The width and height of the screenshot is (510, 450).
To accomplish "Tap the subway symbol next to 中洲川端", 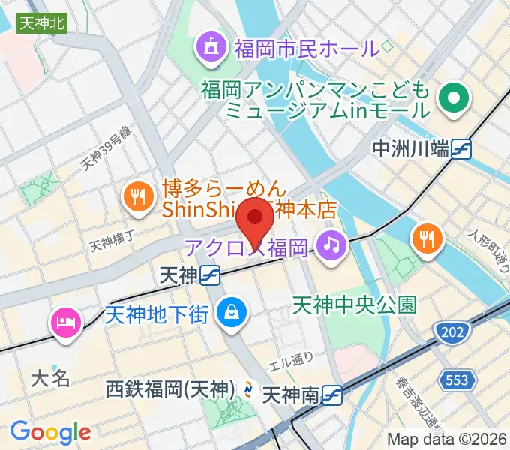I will [x=461, y=149].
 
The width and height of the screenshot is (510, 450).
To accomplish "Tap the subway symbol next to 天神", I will [x=211, y=276].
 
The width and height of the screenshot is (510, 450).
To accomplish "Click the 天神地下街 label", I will [x=156, y=314].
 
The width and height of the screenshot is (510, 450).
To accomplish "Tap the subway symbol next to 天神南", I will [x=334, y=393].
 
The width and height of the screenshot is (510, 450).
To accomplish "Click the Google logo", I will [x=50, y=433].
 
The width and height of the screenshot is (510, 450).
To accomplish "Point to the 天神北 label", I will [x=42, y=23].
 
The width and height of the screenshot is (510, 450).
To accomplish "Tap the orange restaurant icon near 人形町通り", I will [x=427, y=239].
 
